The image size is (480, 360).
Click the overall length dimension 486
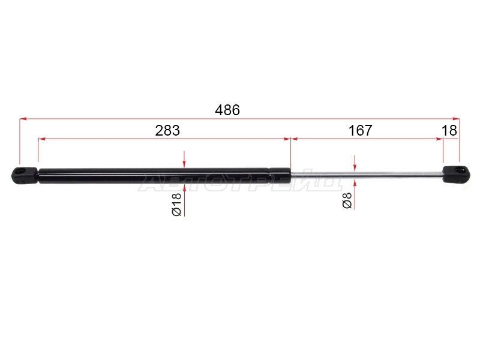coord(227,110)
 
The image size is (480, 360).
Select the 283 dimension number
coord(167,131)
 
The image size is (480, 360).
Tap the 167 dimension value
coord(361,131)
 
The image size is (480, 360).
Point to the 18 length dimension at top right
coord(449,131)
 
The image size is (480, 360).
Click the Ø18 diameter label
coord(177,204)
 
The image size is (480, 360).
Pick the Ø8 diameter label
coord(347,200)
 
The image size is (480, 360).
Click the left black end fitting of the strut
coord(25,175)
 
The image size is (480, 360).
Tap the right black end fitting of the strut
coord(456,175)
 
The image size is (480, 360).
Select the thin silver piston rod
coord(367,175)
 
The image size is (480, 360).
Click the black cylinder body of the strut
coord(164,176)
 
